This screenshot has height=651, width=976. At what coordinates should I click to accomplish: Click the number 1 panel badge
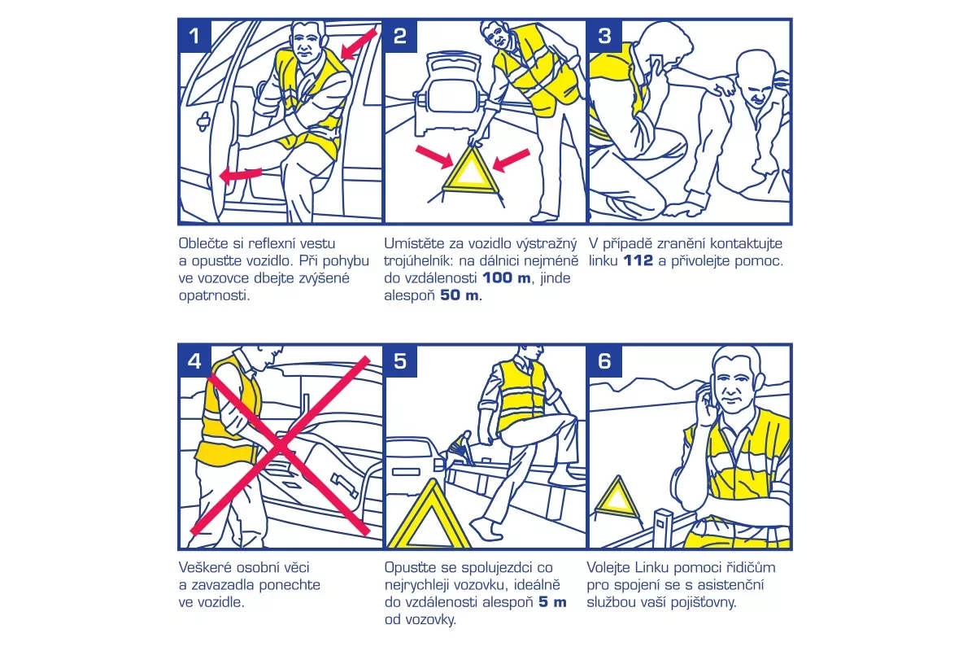(194, 36)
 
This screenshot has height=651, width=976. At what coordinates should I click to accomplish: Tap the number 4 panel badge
(194, 361)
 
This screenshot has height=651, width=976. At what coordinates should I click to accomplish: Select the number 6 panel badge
(605, 361)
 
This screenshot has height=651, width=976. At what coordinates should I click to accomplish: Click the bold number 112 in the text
(638, 260)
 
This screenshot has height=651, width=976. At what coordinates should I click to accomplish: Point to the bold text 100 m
(507, 277)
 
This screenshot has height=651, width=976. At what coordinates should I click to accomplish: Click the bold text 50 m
(460, 295)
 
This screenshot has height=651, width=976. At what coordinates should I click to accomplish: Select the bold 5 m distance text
(552, 602)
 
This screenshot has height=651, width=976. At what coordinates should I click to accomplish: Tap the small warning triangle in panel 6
(617, 497)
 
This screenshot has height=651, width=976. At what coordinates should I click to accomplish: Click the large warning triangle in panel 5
(429, 517)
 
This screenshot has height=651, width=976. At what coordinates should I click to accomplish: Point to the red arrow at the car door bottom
(241, 175)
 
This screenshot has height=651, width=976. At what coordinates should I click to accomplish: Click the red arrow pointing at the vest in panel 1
(358, 44)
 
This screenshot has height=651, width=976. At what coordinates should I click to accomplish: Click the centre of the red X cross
(281, 446)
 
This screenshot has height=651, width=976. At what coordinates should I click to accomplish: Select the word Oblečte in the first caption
(203, 243)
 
